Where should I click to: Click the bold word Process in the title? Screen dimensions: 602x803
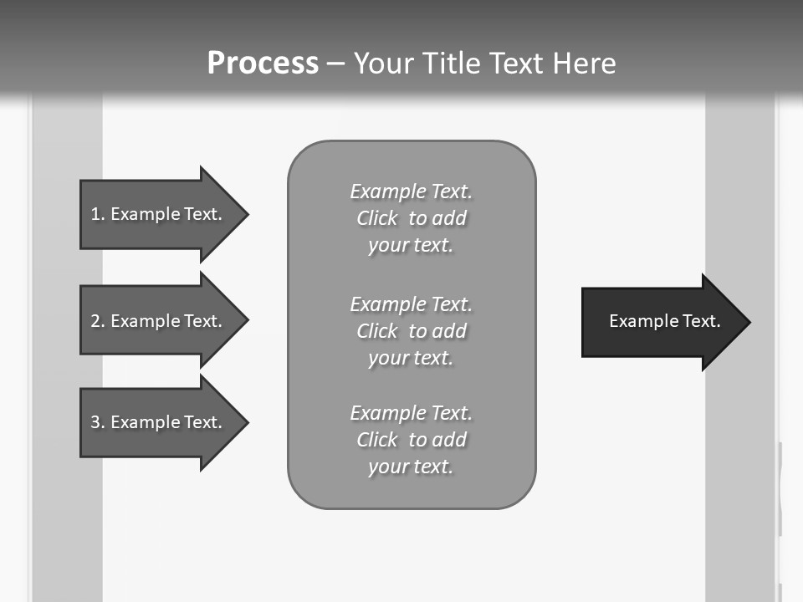click(263, 63)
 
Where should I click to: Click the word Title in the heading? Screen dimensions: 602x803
click(453, 63)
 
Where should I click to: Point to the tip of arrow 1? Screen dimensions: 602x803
click(247, 214)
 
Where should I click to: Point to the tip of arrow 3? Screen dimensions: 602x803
click(247, 422)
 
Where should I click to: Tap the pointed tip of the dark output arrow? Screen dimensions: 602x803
click(749, 322)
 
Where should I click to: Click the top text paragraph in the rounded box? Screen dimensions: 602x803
click(411, 218)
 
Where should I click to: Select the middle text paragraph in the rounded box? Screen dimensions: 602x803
click(411, 331)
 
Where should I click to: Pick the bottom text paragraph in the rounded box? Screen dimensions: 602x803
click(411, 440)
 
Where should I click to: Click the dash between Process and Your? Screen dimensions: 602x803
click(335, 64)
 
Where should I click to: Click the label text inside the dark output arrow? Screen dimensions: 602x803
click(664, 321)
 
